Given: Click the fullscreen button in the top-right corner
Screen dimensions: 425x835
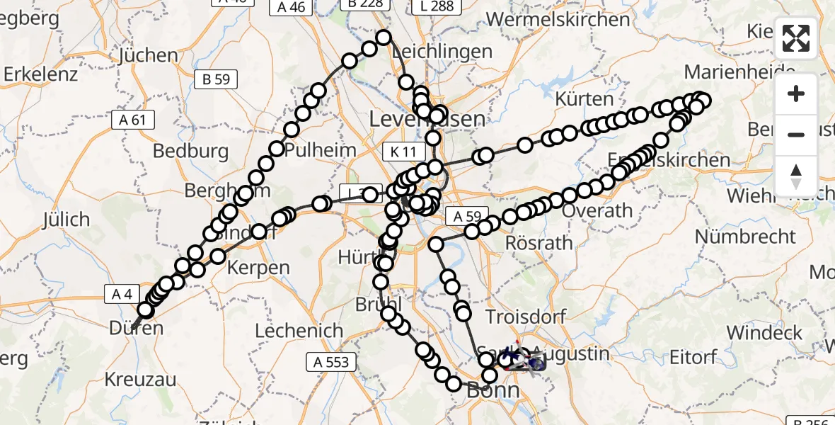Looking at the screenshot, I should tap(796, 38).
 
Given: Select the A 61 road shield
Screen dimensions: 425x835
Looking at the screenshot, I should tap(132, 120).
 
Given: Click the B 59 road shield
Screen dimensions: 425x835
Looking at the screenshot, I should tap(216, 79).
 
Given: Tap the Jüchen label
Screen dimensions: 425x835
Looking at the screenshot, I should tap(149, 55).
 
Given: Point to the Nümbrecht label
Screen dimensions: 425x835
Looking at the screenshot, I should tap(745, 236).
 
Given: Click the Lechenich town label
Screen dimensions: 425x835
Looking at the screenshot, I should tap(299, 331).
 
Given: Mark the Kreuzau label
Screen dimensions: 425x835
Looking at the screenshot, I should tap(140, 379).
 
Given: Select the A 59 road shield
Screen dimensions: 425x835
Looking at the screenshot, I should tap(467, 216).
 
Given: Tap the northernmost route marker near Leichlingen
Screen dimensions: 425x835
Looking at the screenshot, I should tap(384, 38).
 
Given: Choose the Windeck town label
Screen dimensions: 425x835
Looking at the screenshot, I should tap(764, 332).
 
